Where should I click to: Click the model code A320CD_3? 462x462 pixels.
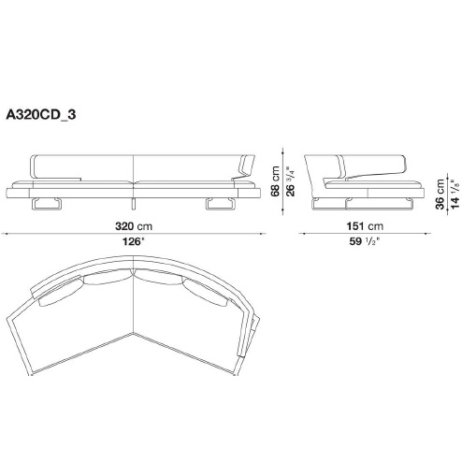tap(41, 115)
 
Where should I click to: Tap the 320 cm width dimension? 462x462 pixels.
tap(134, 226)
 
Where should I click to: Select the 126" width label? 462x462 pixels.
tap(134, 241)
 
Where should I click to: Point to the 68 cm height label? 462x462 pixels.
tap(275, 181)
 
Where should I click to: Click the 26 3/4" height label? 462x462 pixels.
tap(290, 181)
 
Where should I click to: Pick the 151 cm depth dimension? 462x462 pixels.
tap(365, 226)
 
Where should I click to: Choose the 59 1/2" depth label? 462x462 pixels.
tap(365, 241)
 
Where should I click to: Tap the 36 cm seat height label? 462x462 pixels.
tap(440, 194)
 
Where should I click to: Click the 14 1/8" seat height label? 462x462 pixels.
tap(455, 194)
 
